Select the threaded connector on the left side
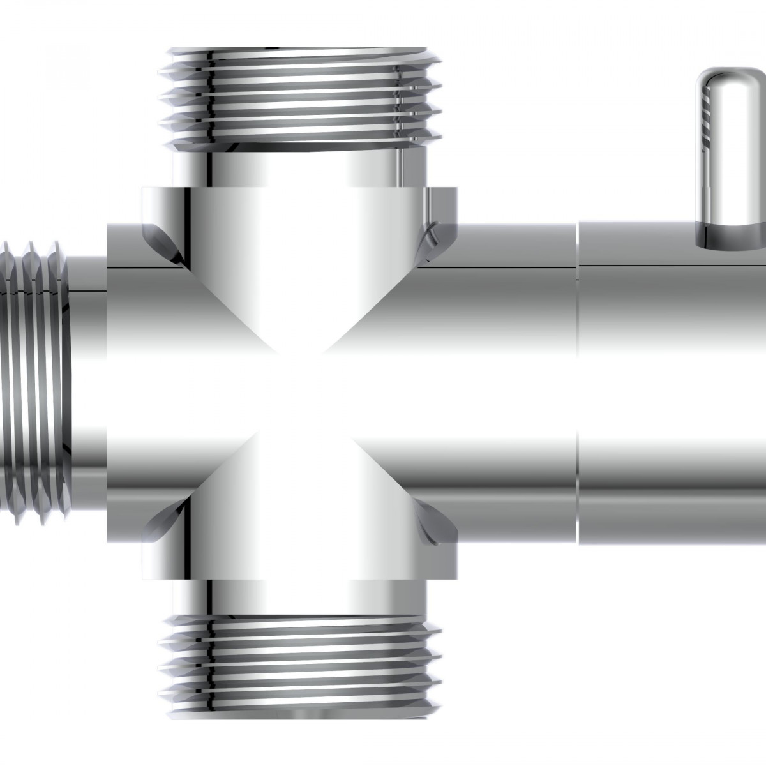[35, 377]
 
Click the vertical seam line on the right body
[578, 383]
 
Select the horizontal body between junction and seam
[498, 383]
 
